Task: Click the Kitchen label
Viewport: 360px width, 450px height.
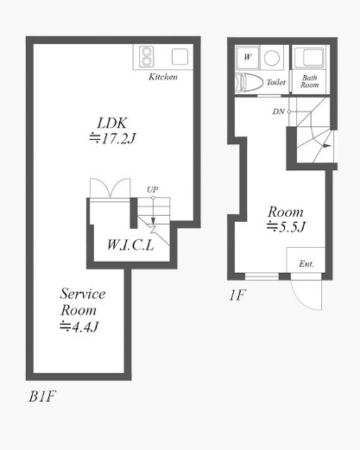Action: [163, 77]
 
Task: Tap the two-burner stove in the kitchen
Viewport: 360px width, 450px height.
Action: [146, 57]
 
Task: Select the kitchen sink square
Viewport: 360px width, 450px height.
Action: [180, 57]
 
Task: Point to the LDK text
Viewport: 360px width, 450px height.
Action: [112, 124]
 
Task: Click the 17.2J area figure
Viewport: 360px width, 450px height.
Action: [112, 139]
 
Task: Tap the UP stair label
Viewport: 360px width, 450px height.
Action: [153, 189]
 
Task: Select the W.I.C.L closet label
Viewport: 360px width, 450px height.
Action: [130, 245]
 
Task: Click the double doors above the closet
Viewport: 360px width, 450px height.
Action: [111, 188]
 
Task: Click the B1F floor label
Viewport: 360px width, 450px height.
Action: [42, 396]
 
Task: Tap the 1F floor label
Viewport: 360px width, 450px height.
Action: [237, 295]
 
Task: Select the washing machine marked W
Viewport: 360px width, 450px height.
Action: [247, 58]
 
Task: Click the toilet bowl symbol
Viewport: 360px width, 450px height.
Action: [249, 83]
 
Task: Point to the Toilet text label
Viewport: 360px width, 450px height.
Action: [276, 82]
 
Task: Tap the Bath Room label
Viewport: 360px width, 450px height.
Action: [310, 81]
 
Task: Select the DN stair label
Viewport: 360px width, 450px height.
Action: [278, 111]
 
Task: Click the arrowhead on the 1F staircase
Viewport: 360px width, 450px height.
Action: [327, 146]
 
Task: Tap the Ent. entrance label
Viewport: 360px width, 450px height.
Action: [306, 263]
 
